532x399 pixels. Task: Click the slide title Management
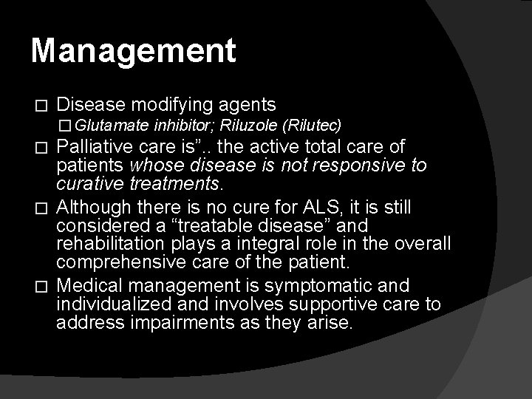click(x=134, y=51)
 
